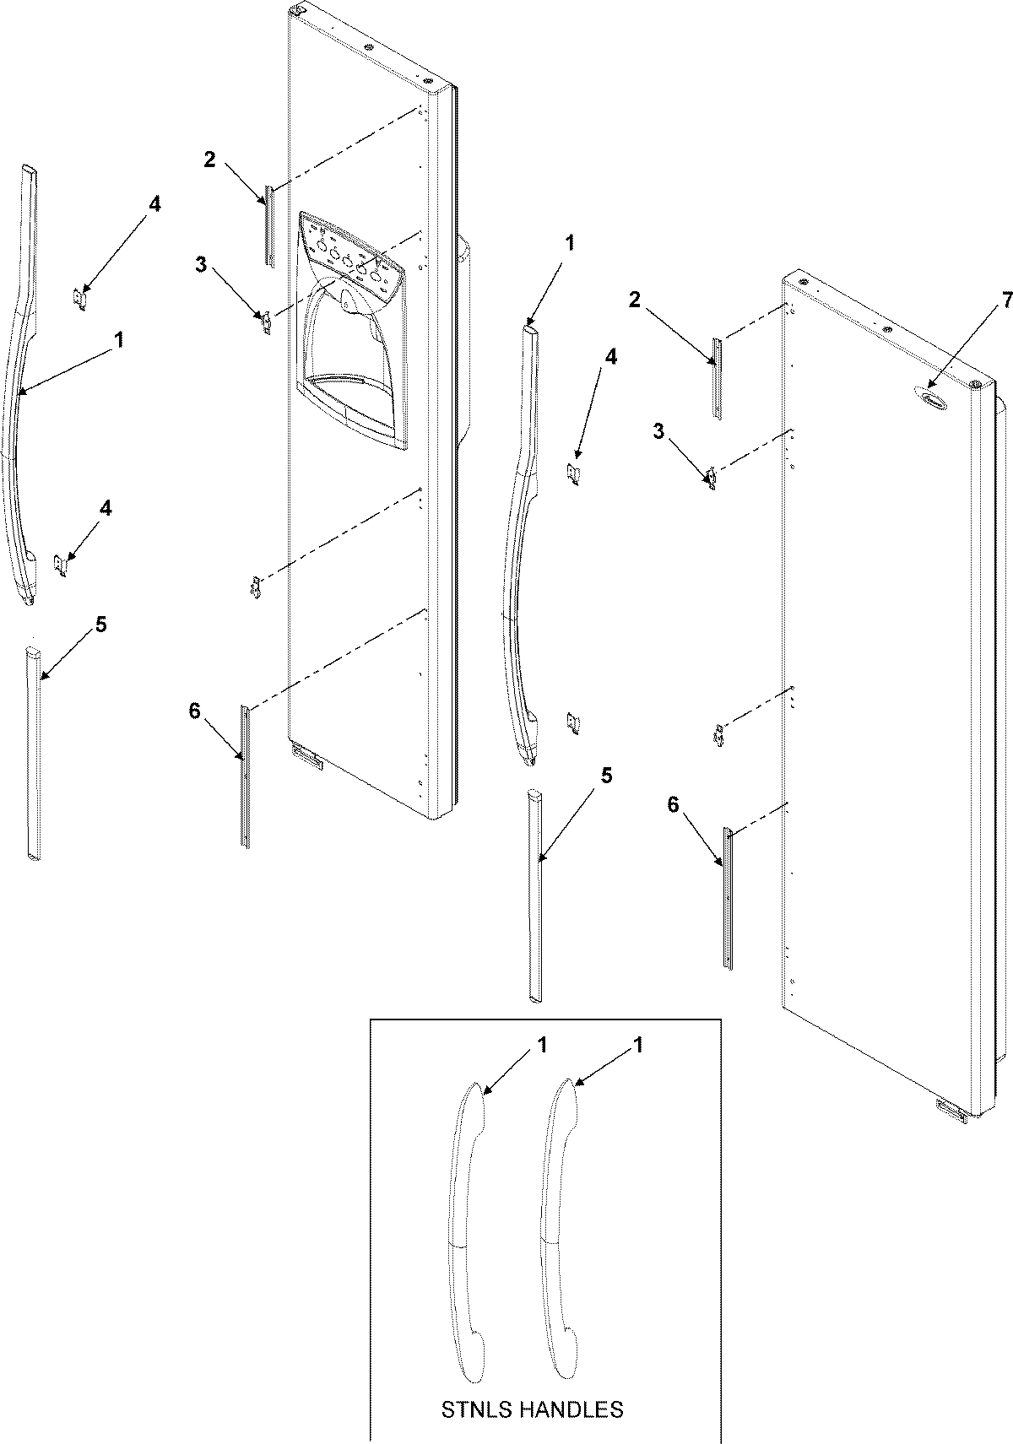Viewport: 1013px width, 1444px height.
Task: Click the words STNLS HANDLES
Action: click(x=533, y=1409)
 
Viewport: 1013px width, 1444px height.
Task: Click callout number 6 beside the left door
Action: click(x=194, y=711)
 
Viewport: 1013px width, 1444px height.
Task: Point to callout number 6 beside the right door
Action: click(x=673, y=805)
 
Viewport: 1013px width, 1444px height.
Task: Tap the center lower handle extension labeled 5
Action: click(x=535, y=895)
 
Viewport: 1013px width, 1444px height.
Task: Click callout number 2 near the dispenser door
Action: click(x=209, y=159)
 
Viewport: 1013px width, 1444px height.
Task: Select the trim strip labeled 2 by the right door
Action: click(x=717, y=378)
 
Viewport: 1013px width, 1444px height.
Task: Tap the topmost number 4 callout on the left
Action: click(x=154, y=203)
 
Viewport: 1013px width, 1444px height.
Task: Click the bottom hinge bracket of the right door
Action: click(x=951, y=1111)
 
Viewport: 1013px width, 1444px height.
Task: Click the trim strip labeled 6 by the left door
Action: click(x=245, y=776)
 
